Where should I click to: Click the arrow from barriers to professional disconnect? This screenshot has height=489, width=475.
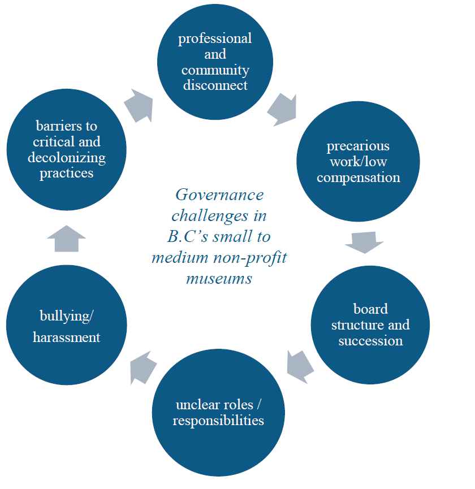[138, 104]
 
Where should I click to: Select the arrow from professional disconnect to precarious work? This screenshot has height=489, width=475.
[282, 109]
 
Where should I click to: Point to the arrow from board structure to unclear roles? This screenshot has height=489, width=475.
[300, 365]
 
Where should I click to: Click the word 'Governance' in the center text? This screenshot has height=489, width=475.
[219, 195]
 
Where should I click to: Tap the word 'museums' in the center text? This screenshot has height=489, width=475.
[219, 279]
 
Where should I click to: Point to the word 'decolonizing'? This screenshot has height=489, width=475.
[67, 158]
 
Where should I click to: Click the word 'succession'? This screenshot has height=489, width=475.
[370, 341]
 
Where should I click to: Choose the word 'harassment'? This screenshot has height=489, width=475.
[66, 337]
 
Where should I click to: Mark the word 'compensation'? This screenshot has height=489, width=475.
[358, 178]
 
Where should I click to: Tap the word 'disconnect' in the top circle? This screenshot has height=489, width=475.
[215, 85]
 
